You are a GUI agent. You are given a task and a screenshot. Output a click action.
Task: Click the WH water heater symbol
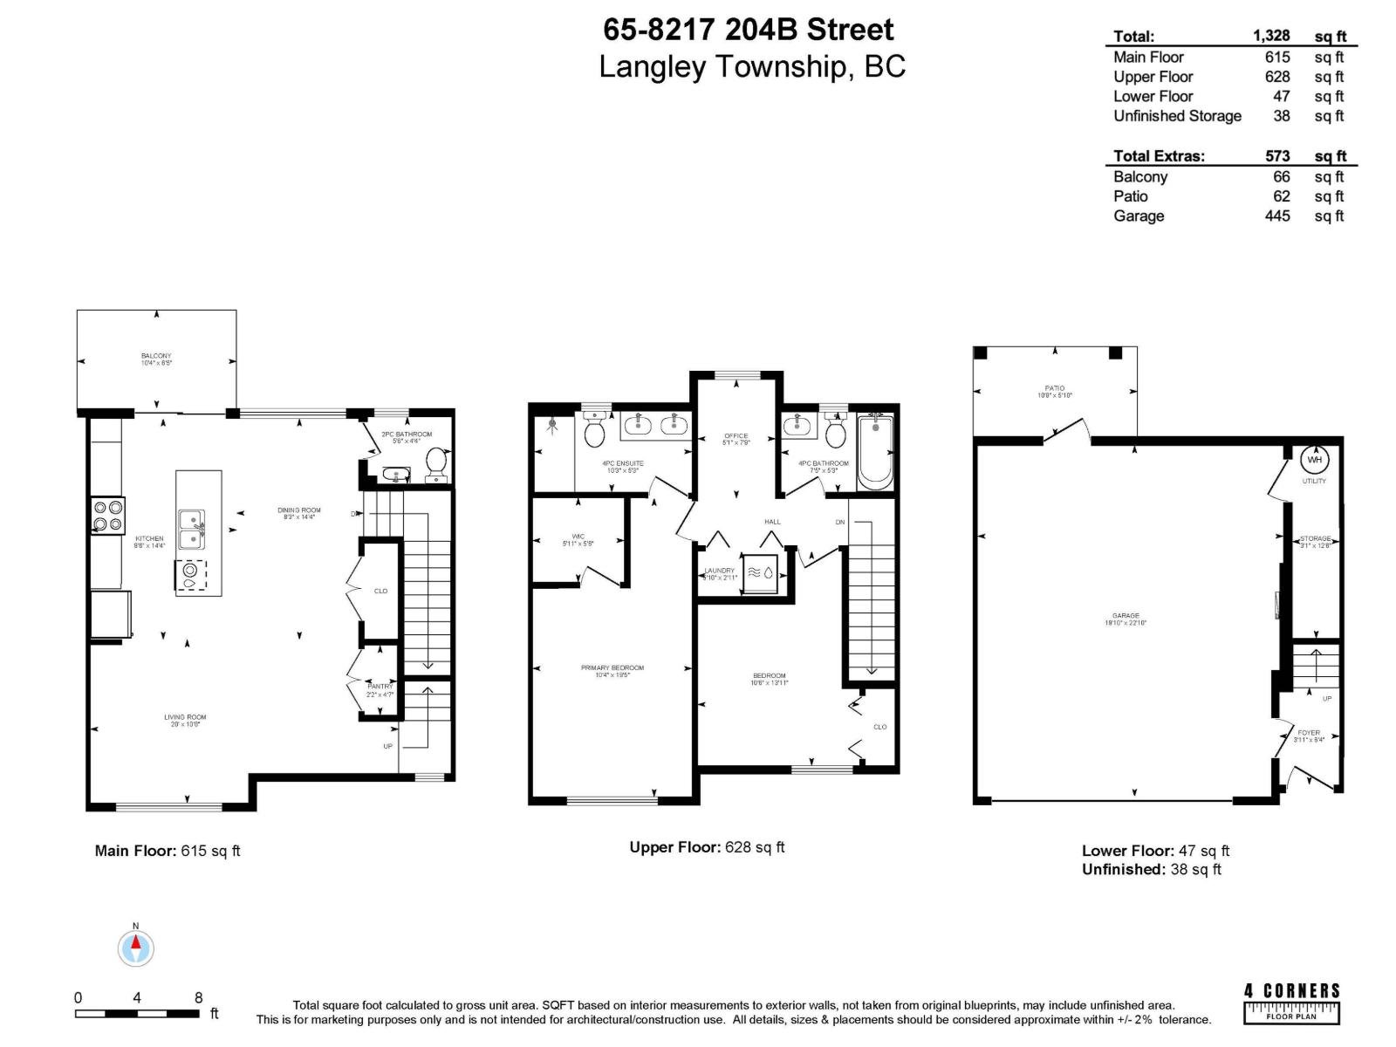pyautogui.click(x=1314, y=460)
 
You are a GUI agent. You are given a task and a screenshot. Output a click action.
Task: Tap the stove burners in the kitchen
pyautogui.click(x=108, y=515)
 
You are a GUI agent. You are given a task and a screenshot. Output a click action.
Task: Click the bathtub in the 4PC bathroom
pyautogui.click(x=875, y=453)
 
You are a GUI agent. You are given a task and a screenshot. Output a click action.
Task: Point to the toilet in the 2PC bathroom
pyautogui.click(x=435, y=463)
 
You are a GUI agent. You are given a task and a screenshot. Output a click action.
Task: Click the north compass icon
pyautogui.click(x=136, y=948)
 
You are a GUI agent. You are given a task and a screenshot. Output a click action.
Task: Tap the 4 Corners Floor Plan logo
pyautogui.click(x=1291, y=1003)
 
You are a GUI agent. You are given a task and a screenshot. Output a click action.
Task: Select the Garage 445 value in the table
pyautogui.click(x=1276, y=216)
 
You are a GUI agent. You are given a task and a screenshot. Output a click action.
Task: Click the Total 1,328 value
pyautogui.click(x=1270, y=36)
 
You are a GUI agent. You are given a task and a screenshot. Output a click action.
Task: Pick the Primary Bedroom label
pyautogui.click(x=612, y=668)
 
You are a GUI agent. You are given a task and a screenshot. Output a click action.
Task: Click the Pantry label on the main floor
pyautogui.click(x=380, y=687)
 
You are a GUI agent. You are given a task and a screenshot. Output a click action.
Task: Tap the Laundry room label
pyautogui.click(x=720, y=571)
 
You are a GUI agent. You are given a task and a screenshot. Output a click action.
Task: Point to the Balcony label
pyautogui.click(x=156, y=356)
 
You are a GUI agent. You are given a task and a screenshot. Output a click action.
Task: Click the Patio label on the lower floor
pyautogui.click(x=1054, y=388)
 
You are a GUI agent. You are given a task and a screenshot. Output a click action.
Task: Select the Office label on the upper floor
pyautogui.click(x=736, y=436)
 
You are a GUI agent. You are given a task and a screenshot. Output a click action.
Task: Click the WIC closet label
pyautogui.click(x=578, y=537)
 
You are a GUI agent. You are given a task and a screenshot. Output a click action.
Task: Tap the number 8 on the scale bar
pyautogui.click(x=198, y=997)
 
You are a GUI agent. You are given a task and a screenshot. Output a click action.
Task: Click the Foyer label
pyautogui.click(x=1309, y=733)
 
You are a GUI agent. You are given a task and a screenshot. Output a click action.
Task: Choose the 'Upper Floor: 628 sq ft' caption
pyautogui.click(x=707, y=847)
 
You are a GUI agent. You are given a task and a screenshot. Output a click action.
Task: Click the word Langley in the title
pyautogui.click(x=653, y=67)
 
